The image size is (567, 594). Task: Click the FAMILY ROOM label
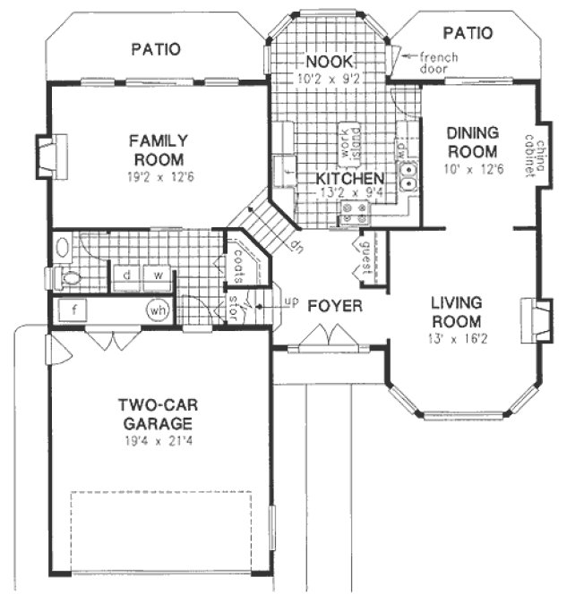(x=157, y=149)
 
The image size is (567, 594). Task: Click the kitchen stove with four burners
(x=354, y=213)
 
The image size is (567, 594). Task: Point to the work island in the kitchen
(x=348, y=141)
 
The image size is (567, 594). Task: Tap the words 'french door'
(x=439, y=62)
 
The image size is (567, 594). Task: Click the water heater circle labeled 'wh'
(x=159, y=310)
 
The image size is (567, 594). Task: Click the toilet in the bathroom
(x=69, y=278)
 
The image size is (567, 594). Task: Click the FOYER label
(x=335, y=307)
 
